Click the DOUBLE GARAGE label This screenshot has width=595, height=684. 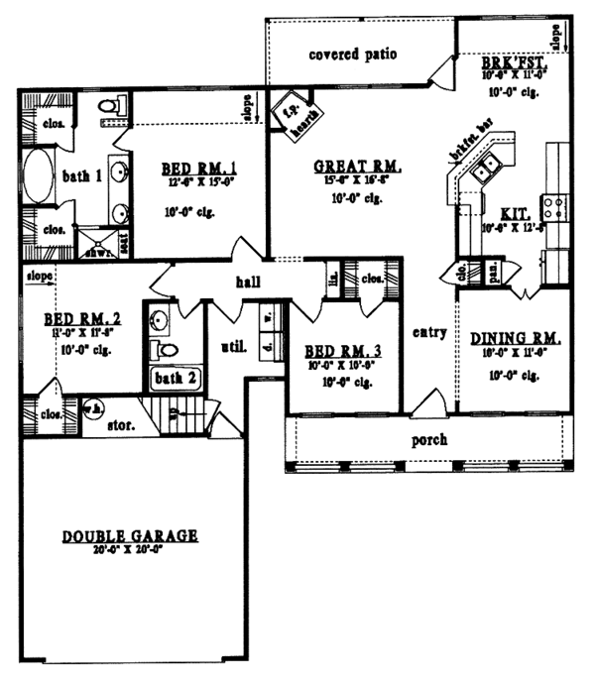tap(130, 535)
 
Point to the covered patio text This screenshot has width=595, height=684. tap(352, 54)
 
